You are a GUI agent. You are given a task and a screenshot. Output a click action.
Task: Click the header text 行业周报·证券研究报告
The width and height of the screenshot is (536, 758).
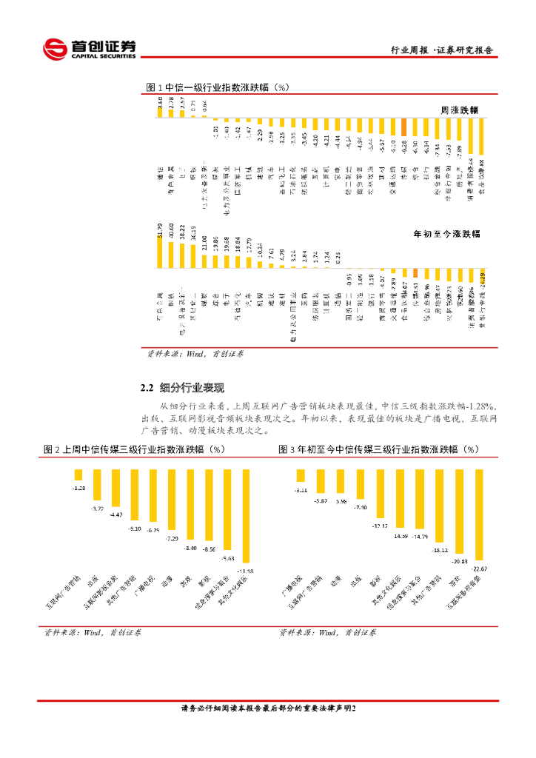pos(442,50)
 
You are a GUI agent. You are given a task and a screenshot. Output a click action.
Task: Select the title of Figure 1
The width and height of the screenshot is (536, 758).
pos(217,87)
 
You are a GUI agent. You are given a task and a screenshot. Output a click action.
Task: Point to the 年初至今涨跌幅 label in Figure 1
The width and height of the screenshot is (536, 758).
pos(446,233)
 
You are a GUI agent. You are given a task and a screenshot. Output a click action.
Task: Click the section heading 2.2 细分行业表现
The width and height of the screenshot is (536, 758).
pos(182,387)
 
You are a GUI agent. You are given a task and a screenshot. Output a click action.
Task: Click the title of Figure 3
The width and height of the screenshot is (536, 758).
pos(379,449)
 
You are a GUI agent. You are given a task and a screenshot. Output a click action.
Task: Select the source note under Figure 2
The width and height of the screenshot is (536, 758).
pos(93,633)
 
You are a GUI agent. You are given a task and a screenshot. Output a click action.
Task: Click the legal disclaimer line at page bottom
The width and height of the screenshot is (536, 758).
pos(268,708)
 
